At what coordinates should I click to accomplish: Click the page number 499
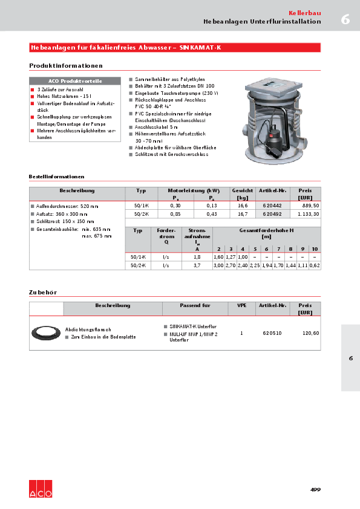(x=315, y=489)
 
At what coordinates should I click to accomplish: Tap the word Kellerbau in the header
(x=304, y=13)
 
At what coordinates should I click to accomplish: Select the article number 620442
(x=272, y=206)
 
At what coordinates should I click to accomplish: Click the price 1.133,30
(x=308, y=214)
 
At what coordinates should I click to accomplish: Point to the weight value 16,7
(x=243, y=214)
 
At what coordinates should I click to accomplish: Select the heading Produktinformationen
(x=66, y=65)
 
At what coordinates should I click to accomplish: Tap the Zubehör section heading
(x=43, y=292)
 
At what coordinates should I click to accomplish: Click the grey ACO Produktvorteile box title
(x=75, y=80)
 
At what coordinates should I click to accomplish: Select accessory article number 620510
(x=272, y=333)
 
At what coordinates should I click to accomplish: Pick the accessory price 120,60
(x=310, y=333)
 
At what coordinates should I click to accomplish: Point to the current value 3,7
(x=197, y=265)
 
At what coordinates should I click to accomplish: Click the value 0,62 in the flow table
(x=315, y=265)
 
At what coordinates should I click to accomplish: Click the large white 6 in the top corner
(x=345, y=19)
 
